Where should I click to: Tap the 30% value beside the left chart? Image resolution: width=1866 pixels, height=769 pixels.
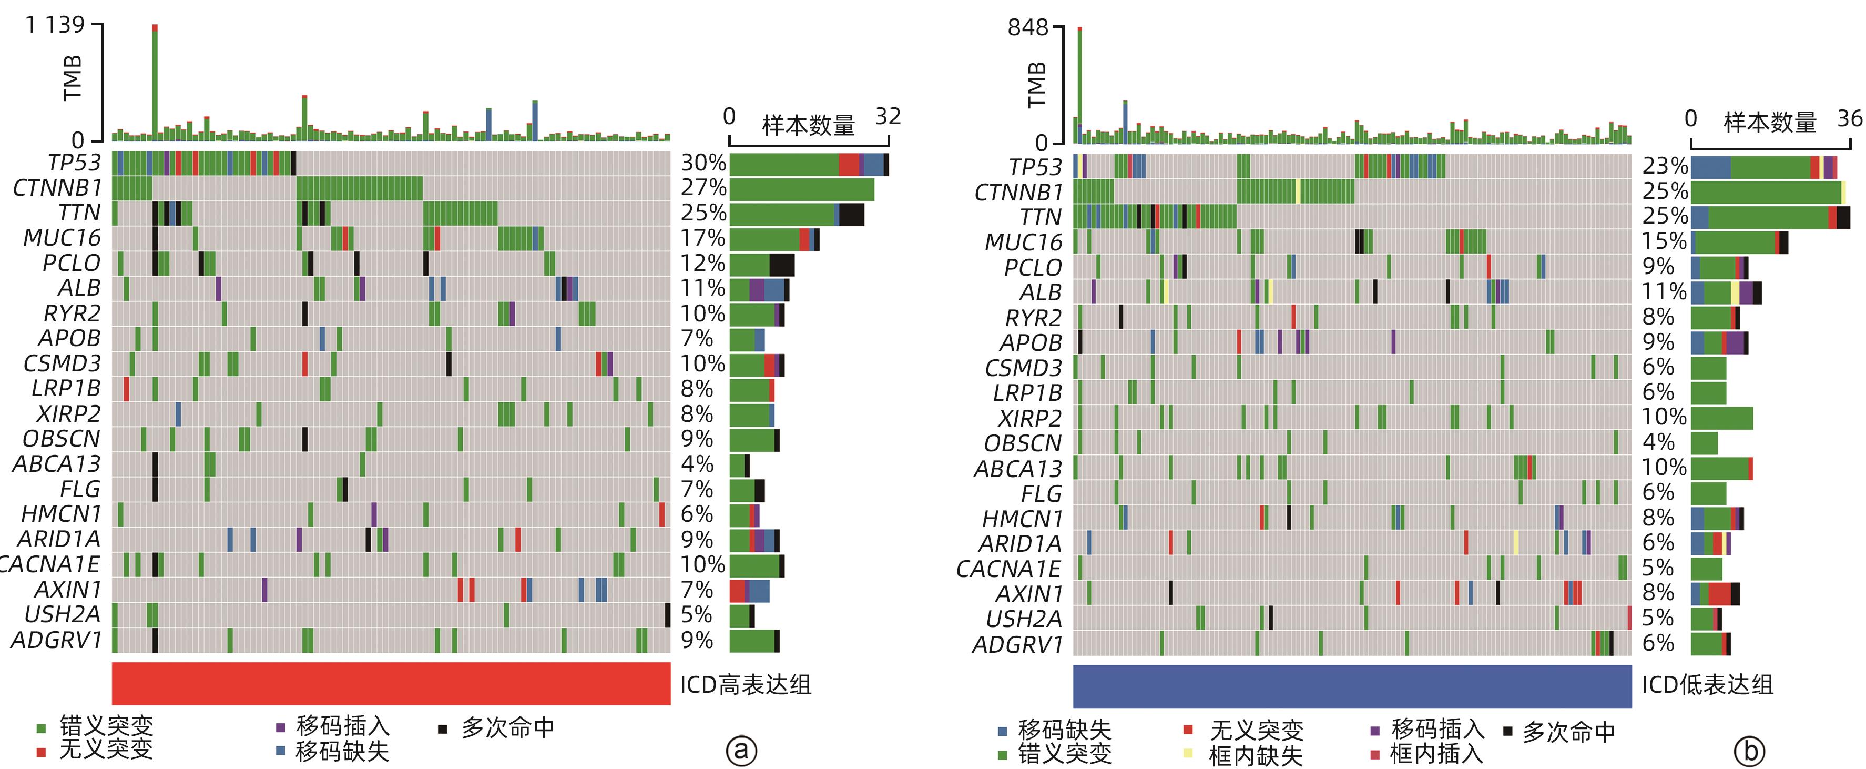(702, 163)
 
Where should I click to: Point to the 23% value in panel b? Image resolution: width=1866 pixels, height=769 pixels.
(1665, 166)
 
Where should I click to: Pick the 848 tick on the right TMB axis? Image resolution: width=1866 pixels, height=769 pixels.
(1028, 28)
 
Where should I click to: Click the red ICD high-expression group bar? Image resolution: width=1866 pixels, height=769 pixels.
(391, 683)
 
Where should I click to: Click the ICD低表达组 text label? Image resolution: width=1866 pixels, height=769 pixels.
(1707, 685)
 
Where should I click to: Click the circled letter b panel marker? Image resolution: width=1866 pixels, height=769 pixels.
(1749, 752)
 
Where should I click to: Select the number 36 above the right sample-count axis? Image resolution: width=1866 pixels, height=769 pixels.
(1849, 118)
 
